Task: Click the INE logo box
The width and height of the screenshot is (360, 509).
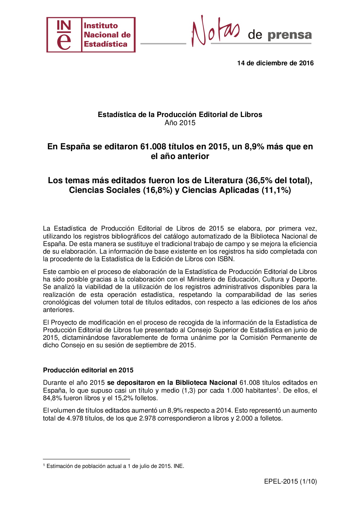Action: tap(91, 35)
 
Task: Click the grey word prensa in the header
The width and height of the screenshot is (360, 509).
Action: tap(290, 35)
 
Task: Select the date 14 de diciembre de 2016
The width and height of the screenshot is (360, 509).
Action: tap(275, 63)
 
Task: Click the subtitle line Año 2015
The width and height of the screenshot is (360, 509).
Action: tap(180, 123)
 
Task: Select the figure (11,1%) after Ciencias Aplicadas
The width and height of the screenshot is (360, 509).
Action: tap(276, 190)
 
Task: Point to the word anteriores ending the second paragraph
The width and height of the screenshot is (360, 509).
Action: tap(58, 310)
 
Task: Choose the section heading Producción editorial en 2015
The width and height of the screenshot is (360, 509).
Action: tap(88, 370)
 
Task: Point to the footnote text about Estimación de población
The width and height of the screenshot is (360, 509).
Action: tap(115, 466)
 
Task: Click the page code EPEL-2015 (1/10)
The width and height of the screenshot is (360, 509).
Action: tap(290, 481)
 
